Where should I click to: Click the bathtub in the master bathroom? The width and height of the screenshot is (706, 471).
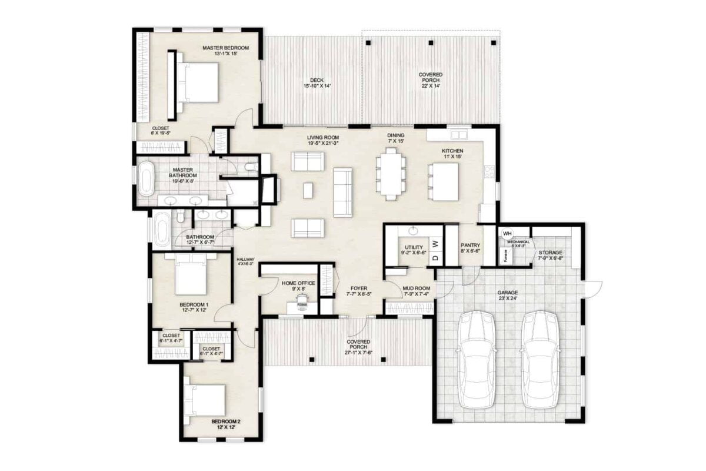(146, 180)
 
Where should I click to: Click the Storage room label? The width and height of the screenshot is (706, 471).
(551, 254)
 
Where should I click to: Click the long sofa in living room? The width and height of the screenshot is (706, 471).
(342, 191)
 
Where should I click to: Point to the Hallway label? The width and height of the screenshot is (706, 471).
(245, 261)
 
